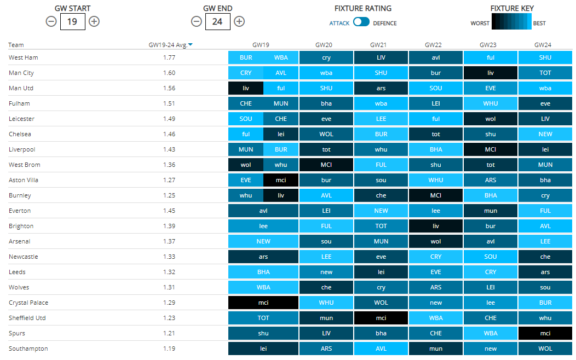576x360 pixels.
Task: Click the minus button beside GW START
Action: pos(51,21)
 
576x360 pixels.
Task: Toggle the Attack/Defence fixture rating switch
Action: pos(361,22)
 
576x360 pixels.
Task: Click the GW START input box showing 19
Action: pos(72,21)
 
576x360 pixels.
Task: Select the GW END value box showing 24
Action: pos(217,21)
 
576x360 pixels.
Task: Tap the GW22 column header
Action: pos(435,45)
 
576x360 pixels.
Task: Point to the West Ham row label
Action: pos(24,57)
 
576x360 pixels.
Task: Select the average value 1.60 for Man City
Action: pos(169,73)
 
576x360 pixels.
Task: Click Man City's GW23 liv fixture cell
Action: pos(490,73)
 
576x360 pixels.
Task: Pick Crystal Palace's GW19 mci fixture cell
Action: pos(263,303)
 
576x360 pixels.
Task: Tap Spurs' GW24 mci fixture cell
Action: pos(545,333)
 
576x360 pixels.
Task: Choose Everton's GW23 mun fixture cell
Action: pos(490,211)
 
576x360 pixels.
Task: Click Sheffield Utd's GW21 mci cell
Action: pos(381,318)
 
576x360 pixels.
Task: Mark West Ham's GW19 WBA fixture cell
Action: pos(281,57)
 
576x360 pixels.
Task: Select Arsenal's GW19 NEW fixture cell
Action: pos(263,241)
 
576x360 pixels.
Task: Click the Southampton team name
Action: pos(28,349)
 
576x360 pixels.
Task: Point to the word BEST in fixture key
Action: pos(539,24)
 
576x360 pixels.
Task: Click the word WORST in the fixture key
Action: pos(480,24)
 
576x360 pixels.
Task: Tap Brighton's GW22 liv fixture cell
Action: pos(435,226)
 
